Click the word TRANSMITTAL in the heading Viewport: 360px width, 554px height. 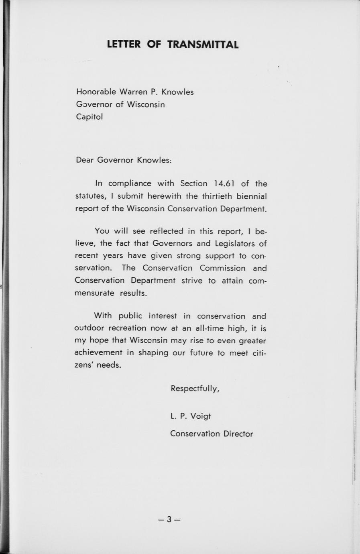click(203, 44)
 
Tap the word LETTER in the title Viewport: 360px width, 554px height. click(124, 44)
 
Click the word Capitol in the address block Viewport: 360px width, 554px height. click(89, 117)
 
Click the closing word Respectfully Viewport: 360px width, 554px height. click(195, 389)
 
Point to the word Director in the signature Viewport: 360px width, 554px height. click(238, 434)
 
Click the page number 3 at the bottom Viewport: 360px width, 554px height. click(169, 519)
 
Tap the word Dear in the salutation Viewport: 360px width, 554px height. click(85, 160)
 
